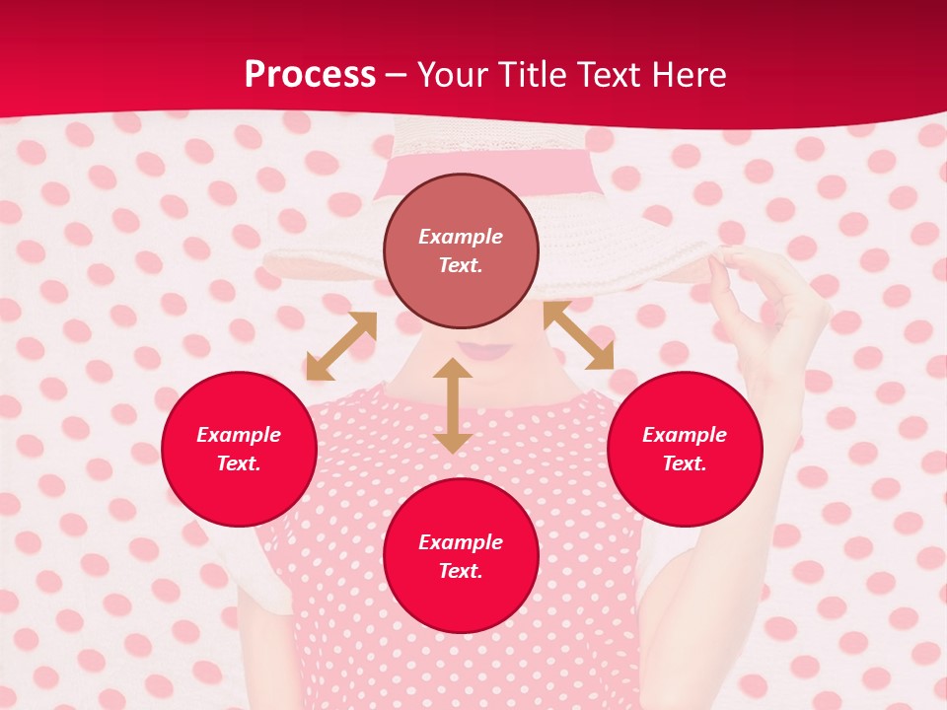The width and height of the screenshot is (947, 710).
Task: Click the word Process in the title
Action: tap(310, 75)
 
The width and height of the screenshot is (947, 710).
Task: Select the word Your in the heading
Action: tap(453, 75)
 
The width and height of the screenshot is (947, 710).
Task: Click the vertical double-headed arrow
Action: tap(453, 405)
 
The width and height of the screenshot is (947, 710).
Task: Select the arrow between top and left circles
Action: tap(341, 345)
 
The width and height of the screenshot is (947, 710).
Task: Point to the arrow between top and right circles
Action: tap(578, 335)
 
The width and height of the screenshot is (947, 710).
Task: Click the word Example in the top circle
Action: tap(461, 237)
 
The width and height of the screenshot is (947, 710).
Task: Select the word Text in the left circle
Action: tap(238, 463)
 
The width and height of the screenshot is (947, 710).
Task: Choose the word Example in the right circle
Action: tap(685, 435)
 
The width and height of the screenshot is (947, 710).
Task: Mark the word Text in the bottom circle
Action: tap(459, 571)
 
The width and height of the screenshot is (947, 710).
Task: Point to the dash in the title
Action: tap(396, 75)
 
